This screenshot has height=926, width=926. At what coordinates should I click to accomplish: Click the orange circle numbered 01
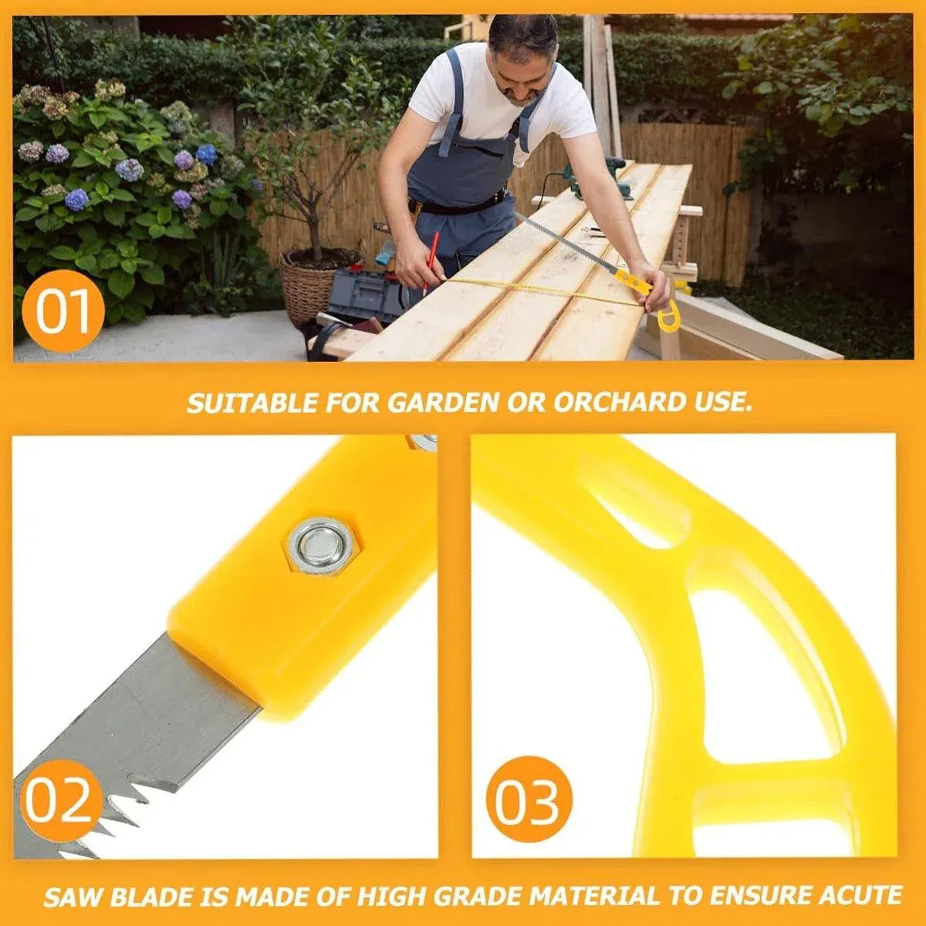click(63, 311)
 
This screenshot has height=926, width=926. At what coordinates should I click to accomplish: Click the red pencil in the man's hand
click(431, 262)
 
